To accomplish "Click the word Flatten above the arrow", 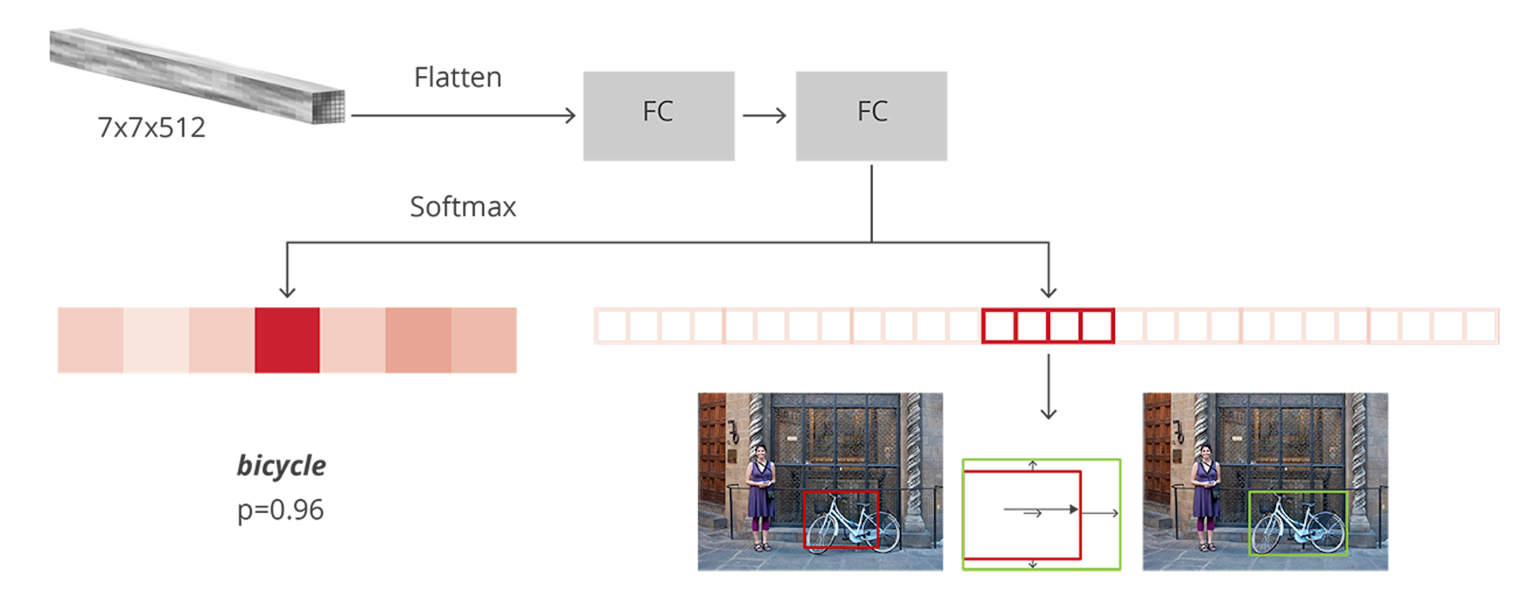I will click(457, 77).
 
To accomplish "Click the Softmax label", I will click(463, 207).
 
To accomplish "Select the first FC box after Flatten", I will click(659, 116).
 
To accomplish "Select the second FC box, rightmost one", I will click(871, 116).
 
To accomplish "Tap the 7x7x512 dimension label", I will click(151, 127).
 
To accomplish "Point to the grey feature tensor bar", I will click(198, 75).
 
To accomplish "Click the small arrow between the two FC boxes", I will click(764, 116).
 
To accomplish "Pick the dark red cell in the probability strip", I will click(287, 341).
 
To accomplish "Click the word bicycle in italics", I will click(281, 465).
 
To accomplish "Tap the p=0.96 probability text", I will click(280, 509).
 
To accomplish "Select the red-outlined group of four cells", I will click(1048, 326).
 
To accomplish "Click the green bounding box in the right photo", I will click(1298, 493).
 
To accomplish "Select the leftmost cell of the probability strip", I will click(90, 341).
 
